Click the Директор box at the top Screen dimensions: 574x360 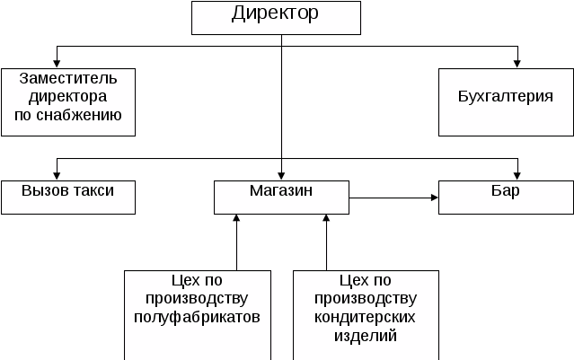coord(276,18)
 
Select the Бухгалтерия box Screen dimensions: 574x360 coord(506,102)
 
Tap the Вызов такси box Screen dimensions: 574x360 coord(68,198)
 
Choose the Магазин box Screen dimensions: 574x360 coord(281,198)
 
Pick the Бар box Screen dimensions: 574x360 coord(506,198)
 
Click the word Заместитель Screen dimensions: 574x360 coord(68,79)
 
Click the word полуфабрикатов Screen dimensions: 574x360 coord(197,317)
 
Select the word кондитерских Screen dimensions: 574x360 coord(365,317)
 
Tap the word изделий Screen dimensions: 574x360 coord(366,336)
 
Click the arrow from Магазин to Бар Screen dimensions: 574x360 coord(393,198)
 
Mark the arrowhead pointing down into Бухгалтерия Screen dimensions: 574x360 coord(517,64)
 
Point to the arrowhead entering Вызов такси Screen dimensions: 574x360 coord(57,176)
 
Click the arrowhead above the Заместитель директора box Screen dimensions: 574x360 coord(57,64)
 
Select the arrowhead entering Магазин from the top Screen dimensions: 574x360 coord(281,176)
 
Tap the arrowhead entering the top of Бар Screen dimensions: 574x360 coord(517,176)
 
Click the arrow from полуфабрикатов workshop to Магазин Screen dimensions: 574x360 coord(236,242)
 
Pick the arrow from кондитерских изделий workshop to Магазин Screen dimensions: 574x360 coord(326,242)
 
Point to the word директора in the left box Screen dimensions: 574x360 coord(67,97)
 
